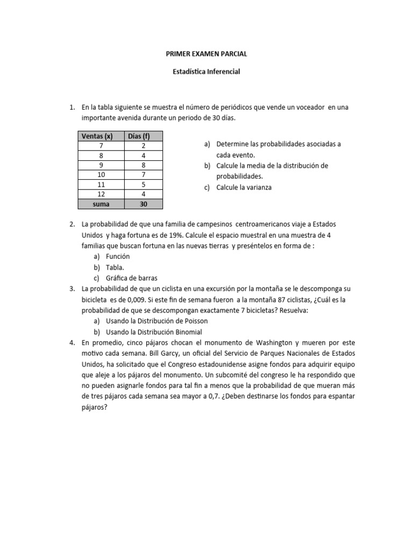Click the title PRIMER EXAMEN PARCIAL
pyautogui.click(x=206, y=54)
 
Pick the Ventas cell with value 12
pyautogui.click(x=101, y=194)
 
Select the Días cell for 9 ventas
pyautogui.click(x=143, y=165)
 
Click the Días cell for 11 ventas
pyautogui.click(x=143, y=185)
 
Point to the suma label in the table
pyautogui.click(x=101, y=204)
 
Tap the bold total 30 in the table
pyautogui.click(x=143, y=204)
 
